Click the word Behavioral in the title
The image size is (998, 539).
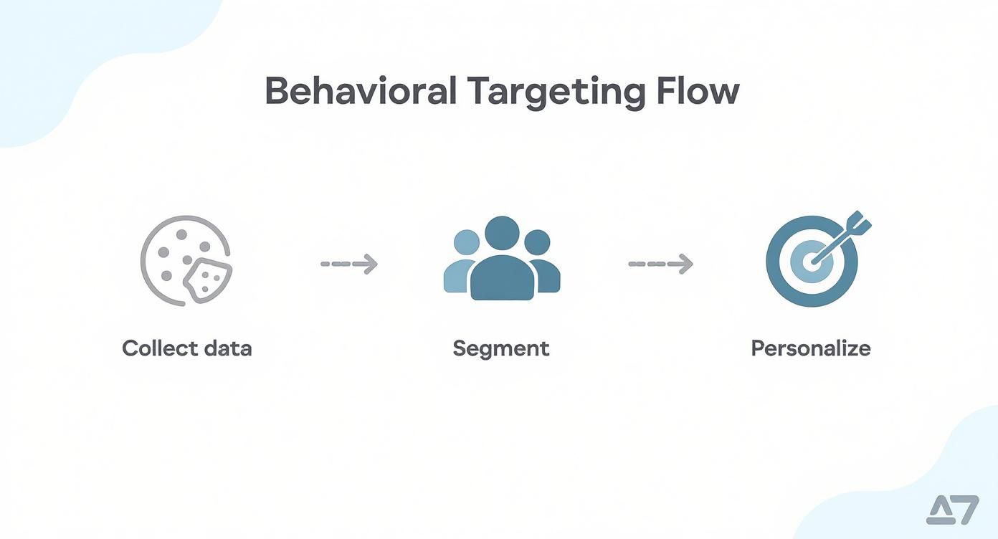click(361, 92)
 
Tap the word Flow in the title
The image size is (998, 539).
click(697, 92)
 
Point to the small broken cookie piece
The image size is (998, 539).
click(207, 280)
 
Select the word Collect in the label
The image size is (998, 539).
click(160, 348)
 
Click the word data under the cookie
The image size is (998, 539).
click(227, 348)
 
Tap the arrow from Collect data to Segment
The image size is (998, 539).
click(348, 264)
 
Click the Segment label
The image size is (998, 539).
click(501, 348)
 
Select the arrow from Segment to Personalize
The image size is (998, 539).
click(660, 264)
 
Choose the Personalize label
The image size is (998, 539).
click(811, 348)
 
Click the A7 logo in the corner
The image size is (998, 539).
click(953, 510)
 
